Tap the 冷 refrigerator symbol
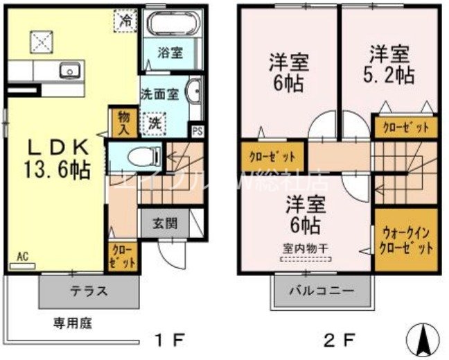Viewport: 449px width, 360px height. pyautogui.click(x=125, y=22)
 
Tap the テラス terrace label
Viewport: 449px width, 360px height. pyautogui.click(x=88, y=291)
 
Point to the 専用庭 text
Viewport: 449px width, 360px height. pyautogui.click(x=74, y=323)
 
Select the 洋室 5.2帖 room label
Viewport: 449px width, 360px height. pyautogui.click(x=390, y=64)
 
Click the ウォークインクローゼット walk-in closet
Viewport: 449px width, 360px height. pyautogui.click(x=406, y=240)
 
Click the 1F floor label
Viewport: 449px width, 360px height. pyautogui.click(x=169, y=340)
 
